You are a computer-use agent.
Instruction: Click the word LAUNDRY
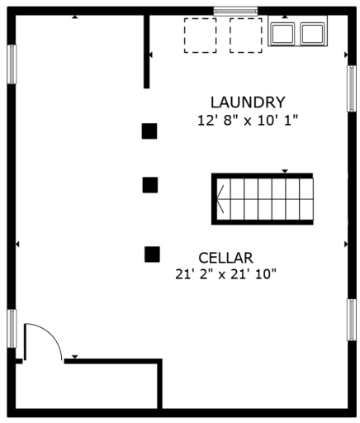pyautogui.click(x=248, y=102)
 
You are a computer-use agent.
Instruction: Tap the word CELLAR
pyautogui.click(x=225, y=258)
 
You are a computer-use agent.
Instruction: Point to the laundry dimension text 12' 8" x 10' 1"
pyautogui.click(x=248, y=121)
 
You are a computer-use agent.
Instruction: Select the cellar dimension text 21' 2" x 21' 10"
pyautogui.click(x=225, y=274)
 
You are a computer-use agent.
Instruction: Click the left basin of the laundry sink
pyautogui.click(x=283, y=33)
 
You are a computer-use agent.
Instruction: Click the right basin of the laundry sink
pyautogui.click(x=312, y=33)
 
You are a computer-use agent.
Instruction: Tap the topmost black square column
pyautogui.click(x=149, y=131)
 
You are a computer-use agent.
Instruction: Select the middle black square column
pyautogui.click(x=150, y=185)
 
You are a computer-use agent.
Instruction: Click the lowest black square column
pyautogui.click(x=152, y=254)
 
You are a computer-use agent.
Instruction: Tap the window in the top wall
pyautogui.click(x=235, y=11)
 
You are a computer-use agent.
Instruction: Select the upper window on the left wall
pyautogui.click(x=12, y=64)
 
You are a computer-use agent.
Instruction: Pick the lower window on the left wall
pyautogui.click(x=12, y=328)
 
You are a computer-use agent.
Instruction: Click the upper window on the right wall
pyautogui.click(x=352, y=88)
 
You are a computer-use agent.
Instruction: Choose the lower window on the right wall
pyautogui.click(x=352, y=320)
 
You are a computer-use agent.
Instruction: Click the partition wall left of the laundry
pyautogui.click(x=147, y=51)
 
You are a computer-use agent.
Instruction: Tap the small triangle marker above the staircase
pyautogui.click(x=285, y=171)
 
